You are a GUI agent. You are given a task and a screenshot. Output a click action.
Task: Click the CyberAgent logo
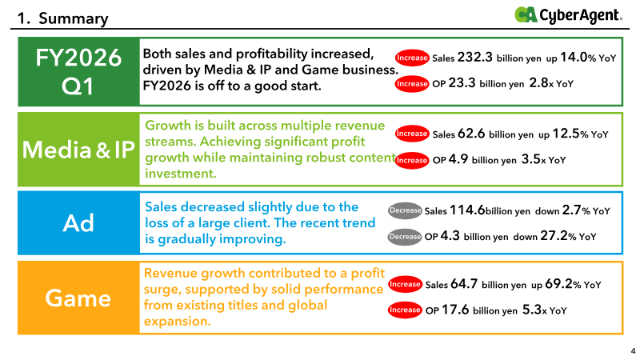click(567, 14)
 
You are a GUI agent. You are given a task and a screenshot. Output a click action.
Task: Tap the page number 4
click(633, 350)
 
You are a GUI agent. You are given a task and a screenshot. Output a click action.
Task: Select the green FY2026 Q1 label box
click(78, 70)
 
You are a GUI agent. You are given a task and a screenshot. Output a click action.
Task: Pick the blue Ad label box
click(78, 223)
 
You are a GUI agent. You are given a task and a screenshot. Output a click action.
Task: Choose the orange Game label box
click(78, 298)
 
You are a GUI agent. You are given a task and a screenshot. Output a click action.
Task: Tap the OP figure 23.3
click(462, 82)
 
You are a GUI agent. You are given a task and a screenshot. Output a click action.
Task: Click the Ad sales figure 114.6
click(468, 210)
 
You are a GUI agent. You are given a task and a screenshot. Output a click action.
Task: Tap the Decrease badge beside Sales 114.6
click(405, 211)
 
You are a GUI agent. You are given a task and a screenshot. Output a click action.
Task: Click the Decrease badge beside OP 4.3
click(405, 237)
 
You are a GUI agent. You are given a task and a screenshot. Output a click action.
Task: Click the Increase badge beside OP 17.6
click(405, 310)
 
